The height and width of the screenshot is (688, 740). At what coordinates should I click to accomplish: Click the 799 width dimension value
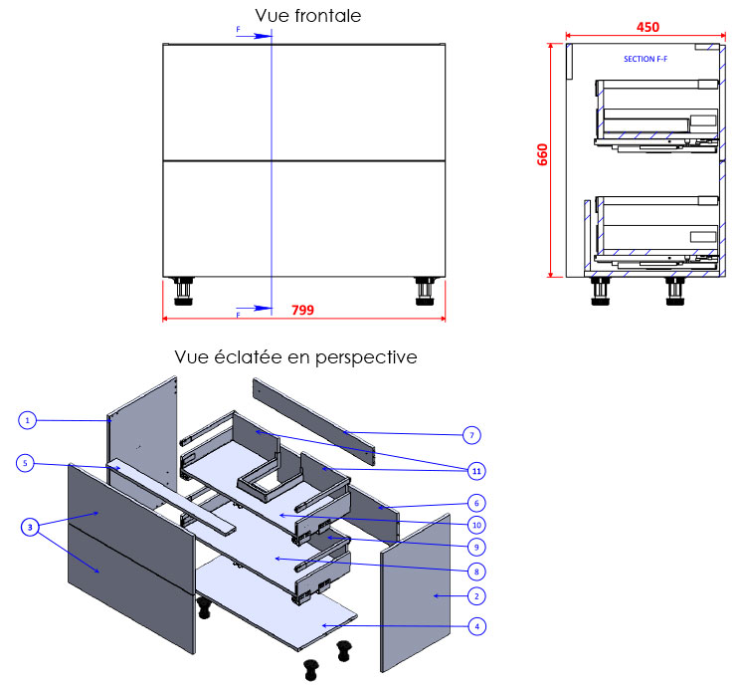302,310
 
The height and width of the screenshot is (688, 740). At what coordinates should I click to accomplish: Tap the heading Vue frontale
307,15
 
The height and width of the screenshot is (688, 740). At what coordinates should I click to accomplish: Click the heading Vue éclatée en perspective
295,356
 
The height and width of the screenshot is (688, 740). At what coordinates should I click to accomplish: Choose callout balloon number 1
28,420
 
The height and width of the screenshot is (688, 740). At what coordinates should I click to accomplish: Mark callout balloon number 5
28,462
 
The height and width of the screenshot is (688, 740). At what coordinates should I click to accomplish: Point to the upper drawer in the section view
654,114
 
